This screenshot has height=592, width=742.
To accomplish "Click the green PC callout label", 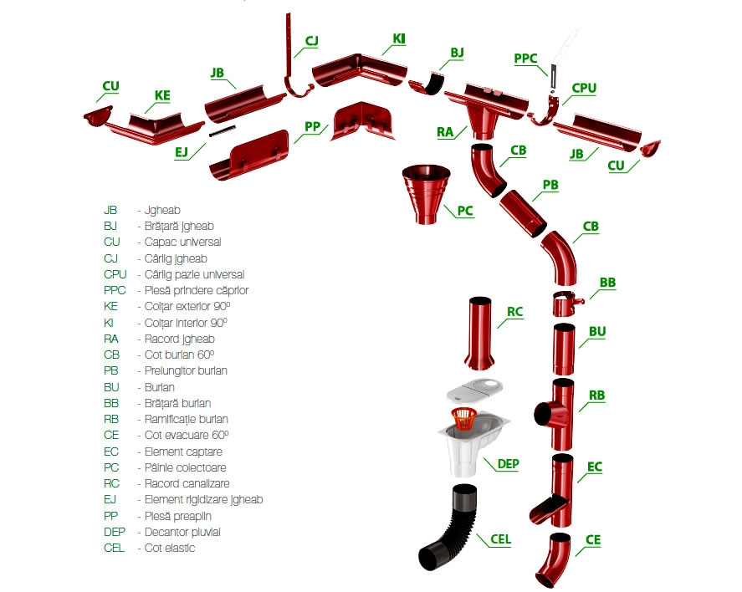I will click(x=465, y=211).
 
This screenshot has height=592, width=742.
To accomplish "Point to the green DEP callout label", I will click(x=509, y=462).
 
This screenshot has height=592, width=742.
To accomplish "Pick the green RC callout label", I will click(x=514, y=313).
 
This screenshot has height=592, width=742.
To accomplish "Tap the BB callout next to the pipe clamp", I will click(x=607, y=283).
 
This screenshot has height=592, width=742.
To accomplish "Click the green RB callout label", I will click(x=596, y=396).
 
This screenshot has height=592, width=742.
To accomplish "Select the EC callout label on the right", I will click(x=595, y=467).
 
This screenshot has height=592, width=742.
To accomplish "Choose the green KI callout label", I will click(x=399, y=38).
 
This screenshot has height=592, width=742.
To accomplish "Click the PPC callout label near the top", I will click(x=525, y=59).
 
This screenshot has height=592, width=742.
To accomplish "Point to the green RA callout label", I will click(x=444, y=131).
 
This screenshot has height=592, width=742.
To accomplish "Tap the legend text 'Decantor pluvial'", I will click(x=178, y=532).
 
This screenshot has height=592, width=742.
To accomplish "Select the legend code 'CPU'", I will click(x=115, y=274).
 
